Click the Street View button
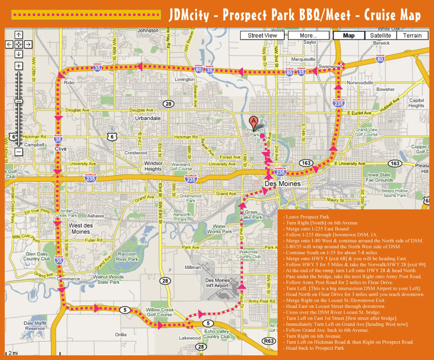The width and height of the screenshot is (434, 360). pyautogui.click(x=263, y=36)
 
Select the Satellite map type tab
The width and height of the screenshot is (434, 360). pyautogui.click(x=380, y=36)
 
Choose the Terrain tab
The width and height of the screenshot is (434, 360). pyautogui.click(x=412, y=36)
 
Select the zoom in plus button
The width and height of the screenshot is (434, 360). pyautogui.click(x=19, y=66)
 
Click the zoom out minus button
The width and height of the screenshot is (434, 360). pyautogui.click(x=19, y=152)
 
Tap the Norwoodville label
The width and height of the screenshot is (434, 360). pyautogui.click(x=361, y=82)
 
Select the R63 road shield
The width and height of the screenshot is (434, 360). pyautogui.click(x=267, y=342)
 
